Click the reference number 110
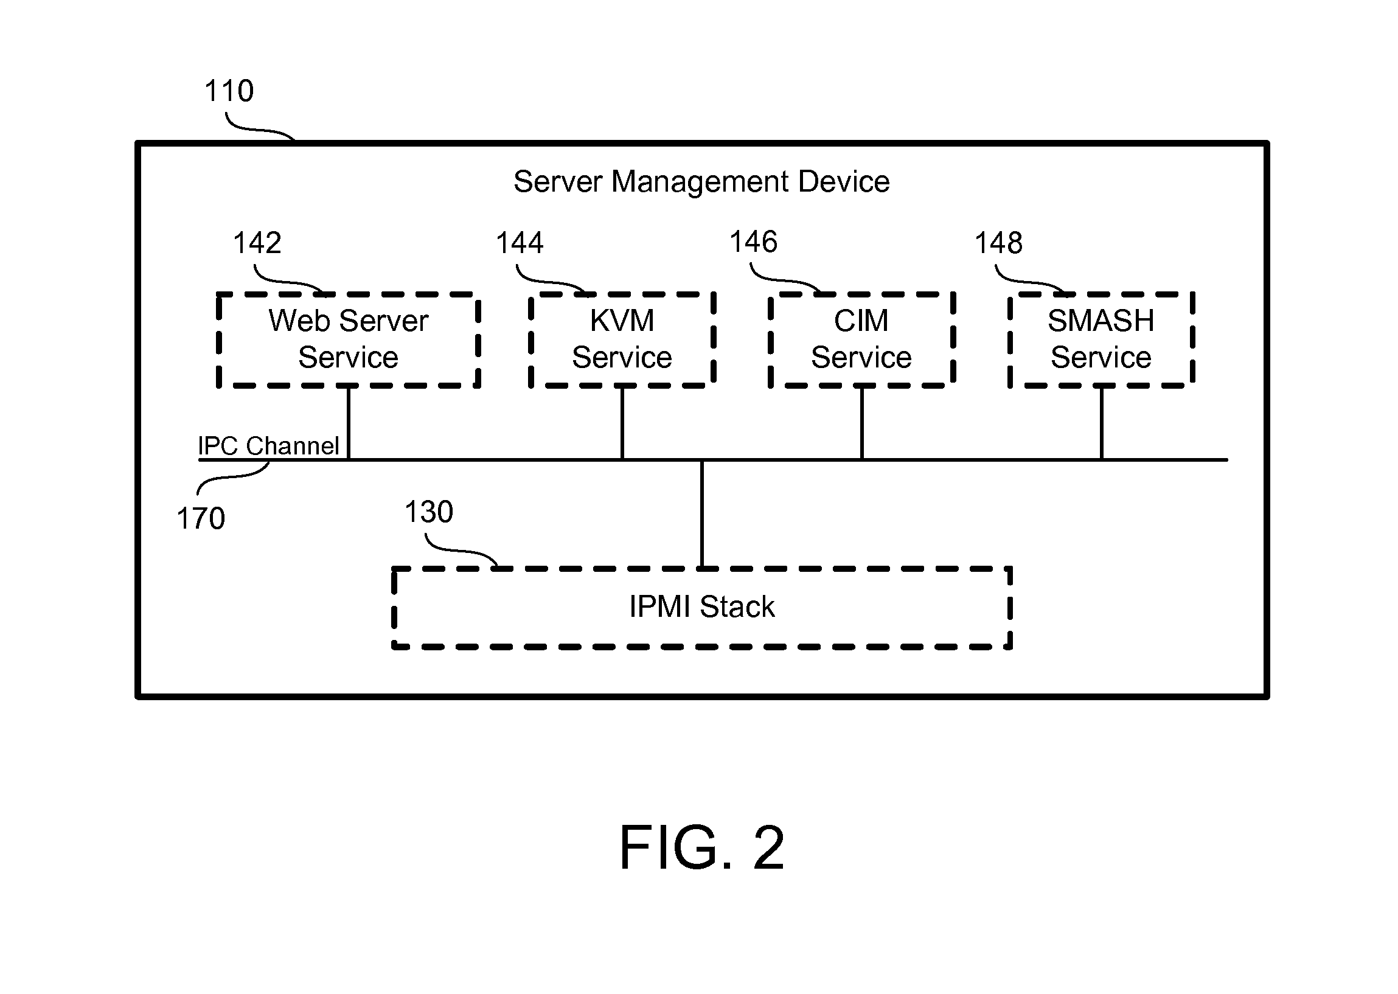click(x=229, y=91)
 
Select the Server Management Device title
click(x=701, y=182)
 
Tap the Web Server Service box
click(x=348, y=339)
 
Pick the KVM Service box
click(x=622, y=339)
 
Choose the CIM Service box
click(x=861, y=339)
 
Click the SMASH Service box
click(x=1101, y=339)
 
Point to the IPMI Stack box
click(x=701, y=607)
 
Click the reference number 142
click(x=257, y=243)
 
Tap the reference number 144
click(x=520, y=243)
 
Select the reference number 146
click(x=754, y=242)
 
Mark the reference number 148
click(x=998, y=243)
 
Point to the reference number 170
click(x=201, y=519)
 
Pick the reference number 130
click(x=429, y=512)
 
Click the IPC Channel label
click(x=268, y=446)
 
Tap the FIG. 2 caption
click(x=701, y=848)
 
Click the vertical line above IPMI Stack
click(x=702, y=514)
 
